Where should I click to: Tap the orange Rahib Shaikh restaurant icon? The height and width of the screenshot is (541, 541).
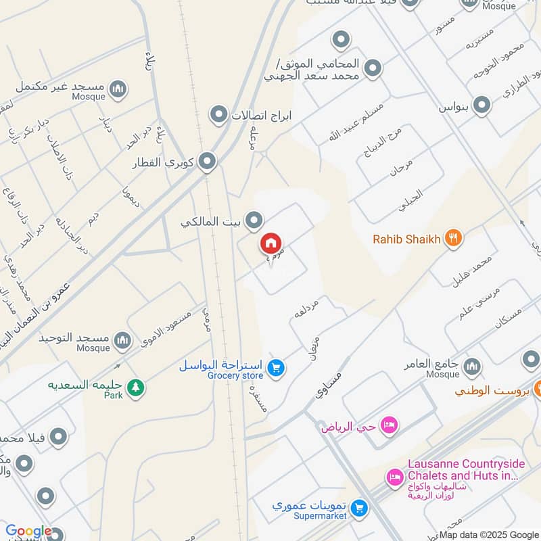(454, 238)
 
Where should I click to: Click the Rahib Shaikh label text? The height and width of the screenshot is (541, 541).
(406, 239)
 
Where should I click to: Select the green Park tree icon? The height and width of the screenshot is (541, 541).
(137, 387)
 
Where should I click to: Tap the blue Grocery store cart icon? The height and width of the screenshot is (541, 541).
(275, 367)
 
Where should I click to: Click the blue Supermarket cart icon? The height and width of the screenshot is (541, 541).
(360, 507)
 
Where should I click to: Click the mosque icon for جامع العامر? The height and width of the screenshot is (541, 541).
(472, 366)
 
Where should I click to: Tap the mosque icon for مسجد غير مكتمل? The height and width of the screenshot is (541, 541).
(118, 89)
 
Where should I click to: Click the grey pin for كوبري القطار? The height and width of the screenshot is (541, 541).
(208, 162)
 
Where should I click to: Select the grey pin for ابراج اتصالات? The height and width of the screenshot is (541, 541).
(218, 114)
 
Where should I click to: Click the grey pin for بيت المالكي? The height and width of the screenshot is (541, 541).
(254, 220)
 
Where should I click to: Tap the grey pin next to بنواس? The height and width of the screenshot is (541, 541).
(481, 105)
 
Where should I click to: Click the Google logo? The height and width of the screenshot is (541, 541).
(28, 531)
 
